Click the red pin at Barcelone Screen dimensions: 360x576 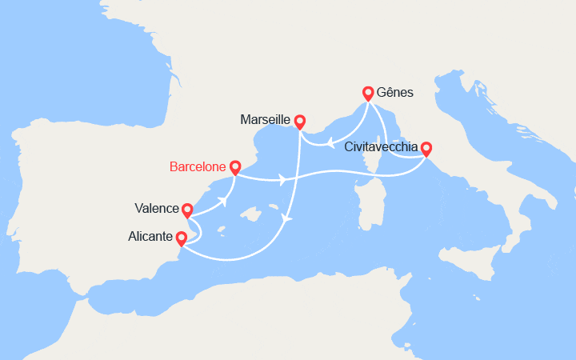pos(235,168)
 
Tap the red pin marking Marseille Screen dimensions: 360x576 pos(300,122)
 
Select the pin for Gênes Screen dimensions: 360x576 pos(368,94)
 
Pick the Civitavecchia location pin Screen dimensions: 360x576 pos(426,149)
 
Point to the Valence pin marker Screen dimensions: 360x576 pos(187,210)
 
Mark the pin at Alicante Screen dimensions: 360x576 pos(181,238)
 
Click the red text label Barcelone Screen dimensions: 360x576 pos(198,167)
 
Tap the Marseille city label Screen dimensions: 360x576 pos(265,120)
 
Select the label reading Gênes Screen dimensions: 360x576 pos(395,93)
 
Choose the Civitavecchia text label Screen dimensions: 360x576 pos(381,147)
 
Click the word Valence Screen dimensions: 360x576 pos(157,209)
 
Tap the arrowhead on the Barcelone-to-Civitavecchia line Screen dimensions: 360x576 pos(282,179)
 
